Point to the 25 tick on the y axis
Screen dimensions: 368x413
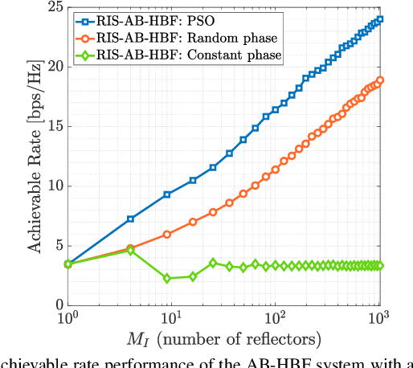tap(54, 8)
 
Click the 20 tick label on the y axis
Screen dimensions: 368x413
tap(54, 67)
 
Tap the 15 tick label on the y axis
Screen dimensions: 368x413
tap(54, 127)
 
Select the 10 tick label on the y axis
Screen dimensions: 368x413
tap(54, 186)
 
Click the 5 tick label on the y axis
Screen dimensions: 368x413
tap(57, 246)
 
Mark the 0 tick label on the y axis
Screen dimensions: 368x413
tap(57, 305)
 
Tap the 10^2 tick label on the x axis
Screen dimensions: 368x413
tap(276, 320)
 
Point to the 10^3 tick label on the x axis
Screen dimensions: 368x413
tap(379, 320)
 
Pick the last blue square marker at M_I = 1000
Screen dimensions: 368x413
tap(380, 19)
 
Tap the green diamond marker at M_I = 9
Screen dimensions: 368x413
tap(167, 279)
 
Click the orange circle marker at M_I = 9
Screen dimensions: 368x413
tap(167, 235)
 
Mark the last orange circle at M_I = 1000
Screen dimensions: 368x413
tap(380, 80)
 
